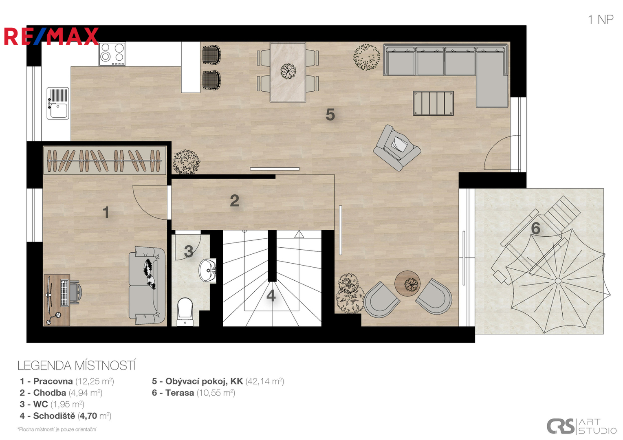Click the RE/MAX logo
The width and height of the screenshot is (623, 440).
(51, 36)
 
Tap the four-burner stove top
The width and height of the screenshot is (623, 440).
(112, 54)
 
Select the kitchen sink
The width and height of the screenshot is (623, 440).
(58, 103)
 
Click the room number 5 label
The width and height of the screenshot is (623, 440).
(330, 114)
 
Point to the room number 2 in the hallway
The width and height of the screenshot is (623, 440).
(234, 200)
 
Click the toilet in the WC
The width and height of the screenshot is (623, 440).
(185, 312)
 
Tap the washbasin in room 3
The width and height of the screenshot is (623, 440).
(208, 271)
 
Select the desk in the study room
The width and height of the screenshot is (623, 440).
(57, 300)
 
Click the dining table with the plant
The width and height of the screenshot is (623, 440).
(288, 72)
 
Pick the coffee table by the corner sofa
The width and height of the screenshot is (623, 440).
(433, 103)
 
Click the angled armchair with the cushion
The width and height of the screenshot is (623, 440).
(397, 148)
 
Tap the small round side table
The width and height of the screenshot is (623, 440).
(407, 284)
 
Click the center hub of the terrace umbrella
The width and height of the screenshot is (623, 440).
(558, 281)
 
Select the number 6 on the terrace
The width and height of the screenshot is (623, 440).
(536, 228)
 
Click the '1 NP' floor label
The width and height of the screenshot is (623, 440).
(601, 20)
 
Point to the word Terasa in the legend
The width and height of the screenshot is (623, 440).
(180, 393)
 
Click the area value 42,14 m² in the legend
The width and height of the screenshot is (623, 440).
(265, 381)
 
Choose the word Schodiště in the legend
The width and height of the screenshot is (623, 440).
(54, 416)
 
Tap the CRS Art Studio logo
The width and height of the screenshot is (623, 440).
(581, 426)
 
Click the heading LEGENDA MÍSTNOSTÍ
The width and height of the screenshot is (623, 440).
(77, 365)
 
